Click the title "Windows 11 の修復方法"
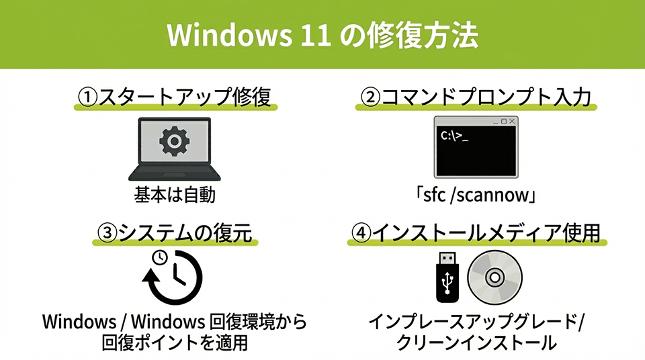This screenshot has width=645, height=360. coord(322,35)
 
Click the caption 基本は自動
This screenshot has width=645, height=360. coord(174,196)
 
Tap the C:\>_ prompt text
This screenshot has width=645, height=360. coord(455,136)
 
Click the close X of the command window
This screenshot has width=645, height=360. coord(513,121)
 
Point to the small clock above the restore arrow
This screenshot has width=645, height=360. coord(159,257)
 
